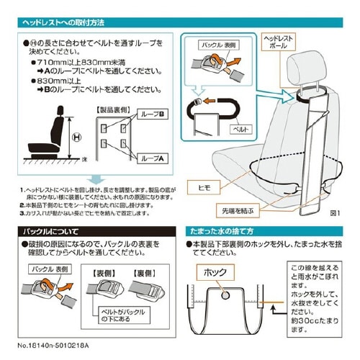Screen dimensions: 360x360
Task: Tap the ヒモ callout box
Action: [x=204, y=185]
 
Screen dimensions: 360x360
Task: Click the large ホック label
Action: [x=204, y=274]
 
